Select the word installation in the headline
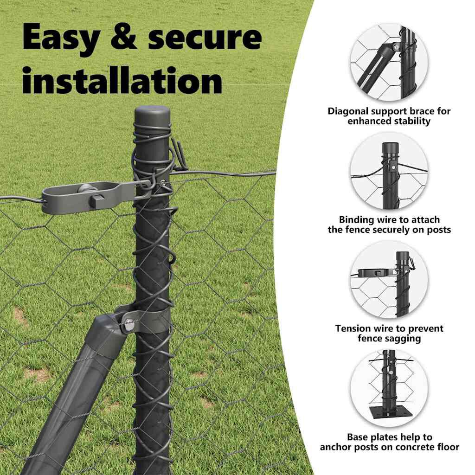(x=122, y=80)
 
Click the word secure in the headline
(x=205, y=38)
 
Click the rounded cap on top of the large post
(x=152, y=115)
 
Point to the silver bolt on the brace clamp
(x=129, y=325)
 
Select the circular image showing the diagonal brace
(x=389, y=63)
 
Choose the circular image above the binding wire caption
(x=389, y=171)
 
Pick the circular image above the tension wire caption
(x=389, y=280)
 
